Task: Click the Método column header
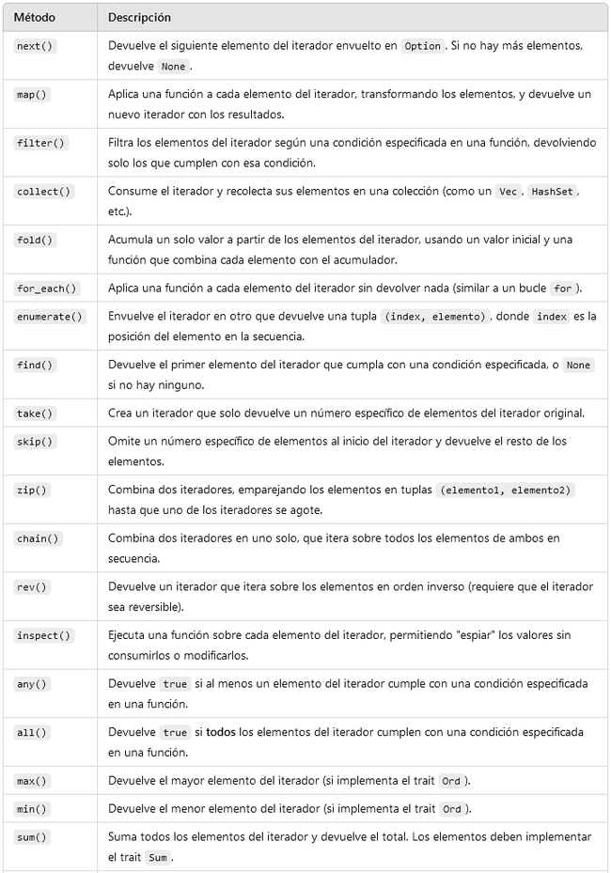click(x=34, y=18)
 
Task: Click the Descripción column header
click(x=139, y=18)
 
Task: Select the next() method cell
click(x=36, y=46)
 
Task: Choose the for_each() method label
click(x=46, y=288)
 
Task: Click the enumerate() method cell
click(x=49, y=317)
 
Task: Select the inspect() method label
click(x=43, y=635)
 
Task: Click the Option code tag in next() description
click(x=423, y=46)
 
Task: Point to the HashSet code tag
click(x=551, y=191)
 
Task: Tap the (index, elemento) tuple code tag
click(x=433, y=317)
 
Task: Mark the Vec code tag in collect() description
click(x=509, y=191)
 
